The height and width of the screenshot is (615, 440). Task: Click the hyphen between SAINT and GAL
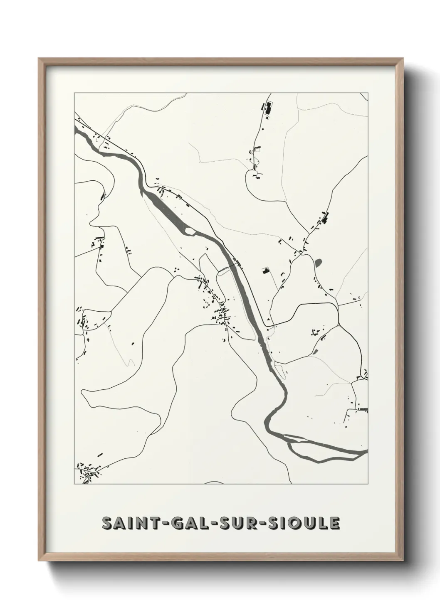pos(159,524)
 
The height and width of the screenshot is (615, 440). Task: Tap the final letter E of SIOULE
pos(334,524)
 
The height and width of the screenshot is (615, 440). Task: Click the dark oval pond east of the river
pos(319,263)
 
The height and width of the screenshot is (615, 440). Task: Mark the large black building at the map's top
pos(268,109)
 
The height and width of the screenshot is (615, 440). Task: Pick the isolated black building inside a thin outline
pos(265,271)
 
